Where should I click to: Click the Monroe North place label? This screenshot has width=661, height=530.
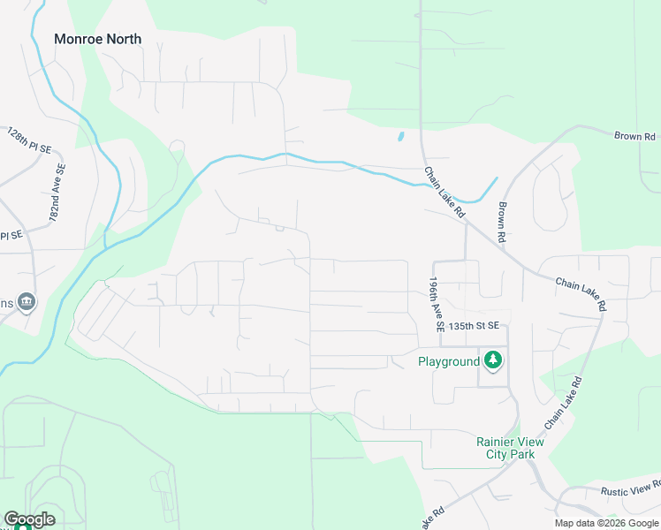[97, 39]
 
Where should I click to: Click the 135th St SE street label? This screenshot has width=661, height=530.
[474, 325]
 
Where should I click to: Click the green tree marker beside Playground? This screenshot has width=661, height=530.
[493, 360]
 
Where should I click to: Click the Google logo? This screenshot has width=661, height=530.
[29, 519]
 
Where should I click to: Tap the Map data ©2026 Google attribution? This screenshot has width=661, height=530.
[606, 523]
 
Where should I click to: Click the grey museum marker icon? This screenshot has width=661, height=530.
[27, 302]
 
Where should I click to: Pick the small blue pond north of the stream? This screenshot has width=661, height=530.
[400, 137]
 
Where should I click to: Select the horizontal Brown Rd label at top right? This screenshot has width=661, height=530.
[635, 137]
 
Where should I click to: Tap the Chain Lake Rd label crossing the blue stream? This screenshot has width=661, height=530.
[444, 193]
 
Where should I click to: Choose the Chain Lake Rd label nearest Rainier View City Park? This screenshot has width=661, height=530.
[564, 405]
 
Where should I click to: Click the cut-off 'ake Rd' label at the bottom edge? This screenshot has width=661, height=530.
[433, 518]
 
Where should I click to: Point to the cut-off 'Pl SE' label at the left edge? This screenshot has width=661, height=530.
[11, 235]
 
